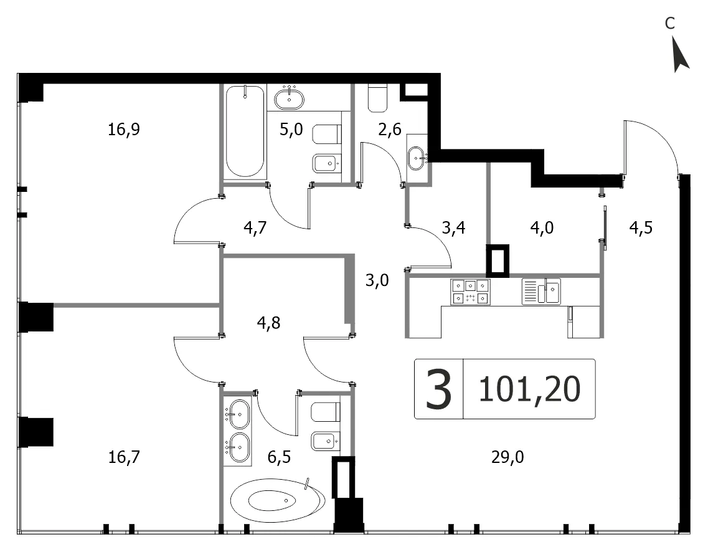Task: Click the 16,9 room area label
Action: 124,130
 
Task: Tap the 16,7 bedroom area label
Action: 124,457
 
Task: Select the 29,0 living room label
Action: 507,457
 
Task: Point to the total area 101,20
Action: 529,389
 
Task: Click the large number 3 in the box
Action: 439,389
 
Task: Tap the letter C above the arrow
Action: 670,23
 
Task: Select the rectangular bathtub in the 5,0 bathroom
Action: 245,131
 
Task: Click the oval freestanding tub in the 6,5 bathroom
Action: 277,500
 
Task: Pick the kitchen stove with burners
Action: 470,292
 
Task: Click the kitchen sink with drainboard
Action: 541,292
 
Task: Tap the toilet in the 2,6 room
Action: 377,98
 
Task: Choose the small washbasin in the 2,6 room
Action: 417,158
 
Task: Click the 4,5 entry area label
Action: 641,227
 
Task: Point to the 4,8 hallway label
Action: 268,323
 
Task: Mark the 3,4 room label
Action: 453,227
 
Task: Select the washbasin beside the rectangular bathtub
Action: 289,98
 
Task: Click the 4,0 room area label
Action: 542,227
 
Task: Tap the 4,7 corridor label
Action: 255,227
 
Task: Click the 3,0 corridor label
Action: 377,280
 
